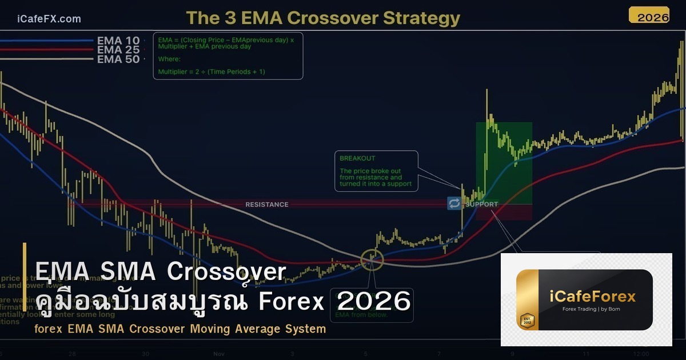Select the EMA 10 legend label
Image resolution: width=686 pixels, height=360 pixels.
(x=118, y=41)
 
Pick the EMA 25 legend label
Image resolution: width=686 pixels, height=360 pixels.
(x=118, y=50)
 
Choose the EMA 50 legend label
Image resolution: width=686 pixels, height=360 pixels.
(x=118, y=59)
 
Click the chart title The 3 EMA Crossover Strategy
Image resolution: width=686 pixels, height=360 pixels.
(x=323, y=18)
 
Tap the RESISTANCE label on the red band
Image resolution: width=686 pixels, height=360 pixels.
(x=266, y=204)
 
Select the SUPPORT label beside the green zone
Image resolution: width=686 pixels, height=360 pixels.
(x=481, y=204)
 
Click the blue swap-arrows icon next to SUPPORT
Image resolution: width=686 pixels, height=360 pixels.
(x=454, y=203)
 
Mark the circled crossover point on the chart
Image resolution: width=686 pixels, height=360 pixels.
(x=372, y=260)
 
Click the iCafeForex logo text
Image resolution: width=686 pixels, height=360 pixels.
(x=592, y=297)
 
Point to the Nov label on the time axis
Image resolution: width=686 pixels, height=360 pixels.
(x=219, y=354)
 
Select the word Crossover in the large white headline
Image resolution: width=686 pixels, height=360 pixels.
(x=226, y=272)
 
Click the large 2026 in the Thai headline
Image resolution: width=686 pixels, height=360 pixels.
(x=374, y=301)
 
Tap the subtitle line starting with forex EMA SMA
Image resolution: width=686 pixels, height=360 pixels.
(x=180, y=329)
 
